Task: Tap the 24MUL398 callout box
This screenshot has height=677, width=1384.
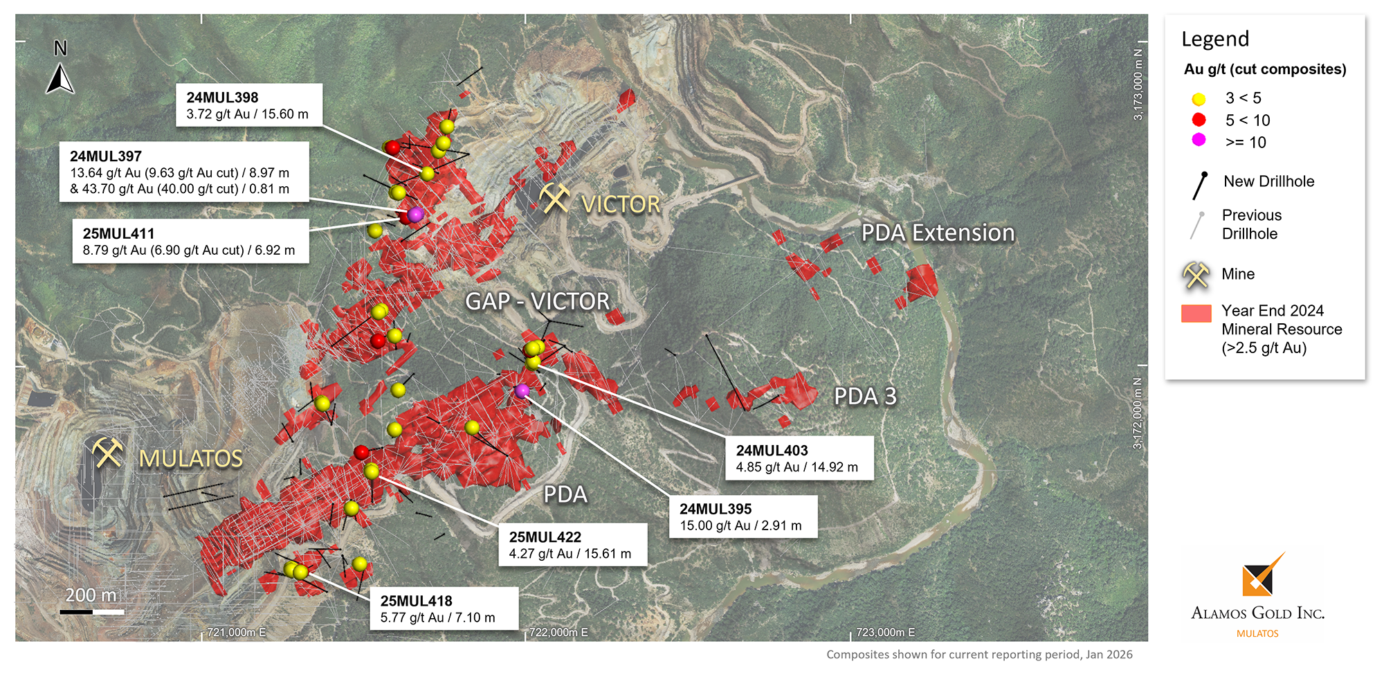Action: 249,105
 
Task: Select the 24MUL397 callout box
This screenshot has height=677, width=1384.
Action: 183,172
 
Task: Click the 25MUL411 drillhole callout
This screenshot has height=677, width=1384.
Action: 190,242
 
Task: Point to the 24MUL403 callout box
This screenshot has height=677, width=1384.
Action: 799,458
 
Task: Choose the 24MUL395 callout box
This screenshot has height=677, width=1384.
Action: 743,516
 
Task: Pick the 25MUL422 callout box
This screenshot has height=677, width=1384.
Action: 572,545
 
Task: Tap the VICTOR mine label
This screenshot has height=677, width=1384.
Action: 621,205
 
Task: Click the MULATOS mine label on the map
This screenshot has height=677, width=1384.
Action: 191,459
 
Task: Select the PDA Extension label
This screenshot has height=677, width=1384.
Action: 938,233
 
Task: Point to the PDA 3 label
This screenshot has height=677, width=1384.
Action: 865,397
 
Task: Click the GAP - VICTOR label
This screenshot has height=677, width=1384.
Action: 538,302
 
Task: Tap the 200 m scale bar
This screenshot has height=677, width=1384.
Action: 91,611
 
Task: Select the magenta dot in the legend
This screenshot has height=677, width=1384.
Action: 1199,140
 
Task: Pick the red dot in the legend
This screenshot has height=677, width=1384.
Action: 1199,120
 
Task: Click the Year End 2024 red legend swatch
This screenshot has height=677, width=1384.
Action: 1196,314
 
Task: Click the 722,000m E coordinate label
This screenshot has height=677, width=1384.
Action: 558,632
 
